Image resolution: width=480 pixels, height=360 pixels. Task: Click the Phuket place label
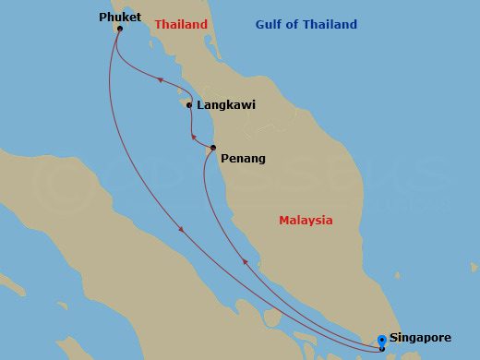click(x=120, y=16)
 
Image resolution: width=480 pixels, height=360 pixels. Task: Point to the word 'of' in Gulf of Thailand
click(x=297, y=25)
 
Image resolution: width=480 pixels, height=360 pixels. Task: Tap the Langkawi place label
click(x=226, y=105)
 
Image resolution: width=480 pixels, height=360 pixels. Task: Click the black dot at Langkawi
click(x=189, y=105)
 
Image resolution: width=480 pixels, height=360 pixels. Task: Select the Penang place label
click(x=243, y=159)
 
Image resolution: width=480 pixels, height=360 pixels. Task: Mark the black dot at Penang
click(x=212, y=148)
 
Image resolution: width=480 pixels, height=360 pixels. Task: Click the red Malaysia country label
click(x=306, y=221)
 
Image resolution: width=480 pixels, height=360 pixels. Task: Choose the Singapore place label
click(x=426, y=338)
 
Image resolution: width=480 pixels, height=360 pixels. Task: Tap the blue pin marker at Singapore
click(x=382, y=341)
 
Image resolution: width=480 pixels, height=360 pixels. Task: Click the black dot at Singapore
click(x=382, y=349)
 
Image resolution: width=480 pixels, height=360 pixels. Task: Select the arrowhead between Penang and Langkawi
click(x=193, y=139)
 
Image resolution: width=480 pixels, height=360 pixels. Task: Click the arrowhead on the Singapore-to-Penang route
click(x=245, y=262)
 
